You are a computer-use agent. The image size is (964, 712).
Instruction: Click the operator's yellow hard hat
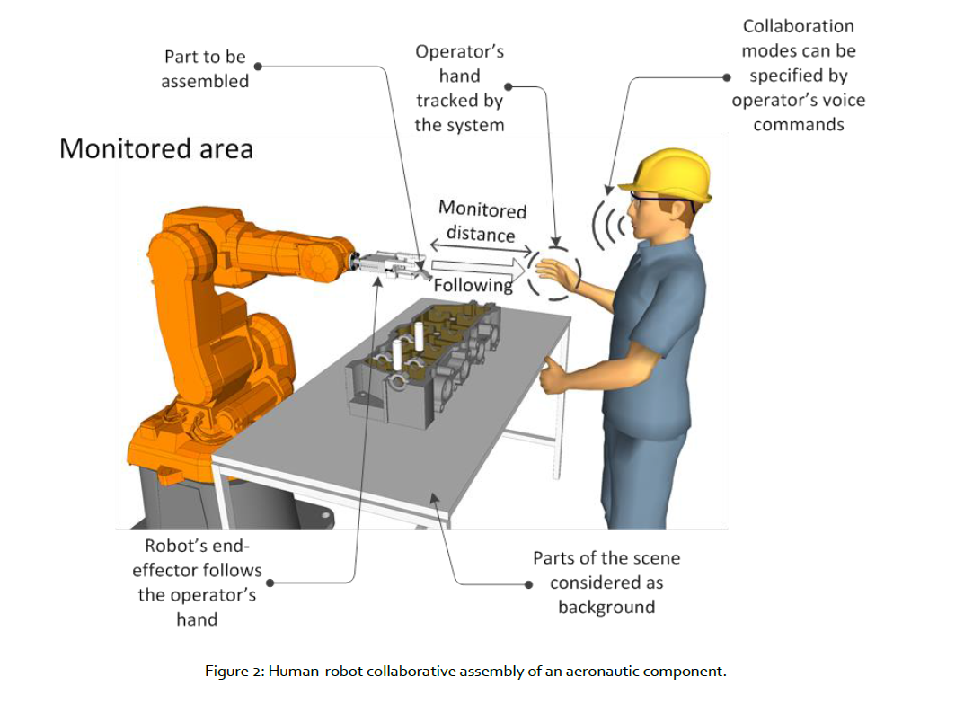672,173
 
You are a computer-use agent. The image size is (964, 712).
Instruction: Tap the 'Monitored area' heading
156,148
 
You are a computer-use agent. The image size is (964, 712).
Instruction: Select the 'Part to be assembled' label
205,69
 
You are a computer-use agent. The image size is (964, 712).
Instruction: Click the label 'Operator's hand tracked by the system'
459,88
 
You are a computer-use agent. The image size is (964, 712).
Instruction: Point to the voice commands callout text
798,76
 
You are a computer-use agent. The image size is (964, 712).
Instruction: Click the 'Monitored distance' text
482,222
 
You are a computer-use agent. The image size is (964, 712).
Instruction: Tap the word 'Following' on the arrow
473,285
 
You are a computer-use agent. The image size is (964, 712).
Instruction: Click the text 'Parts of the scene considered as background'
606,583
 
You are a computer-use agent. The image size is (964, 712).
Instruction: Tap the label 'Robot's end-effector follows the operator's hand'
197,583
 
